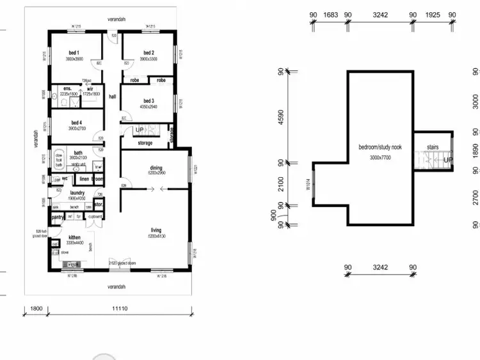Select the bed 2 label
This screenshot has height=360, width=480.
pyautogui.click(x=148, y=52)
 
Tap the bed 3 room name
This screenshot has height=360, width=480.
pyautogui.click(x=148, y=100)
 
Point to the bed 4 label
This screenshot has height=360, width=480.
pyautogui.click(x=76, y=122)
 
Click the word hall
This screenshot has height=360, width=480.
pyautogui.click(x=112, y=97)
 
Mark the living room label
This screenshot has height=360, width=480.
pyautogui.click(x=156, y=230)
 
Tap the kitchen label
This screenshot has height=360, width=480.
pyautogui.click(x=75, y=237)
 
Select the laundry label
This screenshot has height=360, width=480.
pyautogui.click(x=77, y=192)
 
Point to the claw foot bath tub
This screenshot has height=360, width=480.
pyautogui.click(x=58, y=160)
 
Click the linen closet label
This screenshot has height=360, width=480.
pyautogui.click(x=84, y=179)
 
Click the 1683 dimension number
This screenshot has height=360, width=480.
pyautogui.click(x=330, y=14)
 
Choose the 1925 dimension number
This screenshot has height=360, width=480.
pyautogui.click(x=432, y=14)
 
